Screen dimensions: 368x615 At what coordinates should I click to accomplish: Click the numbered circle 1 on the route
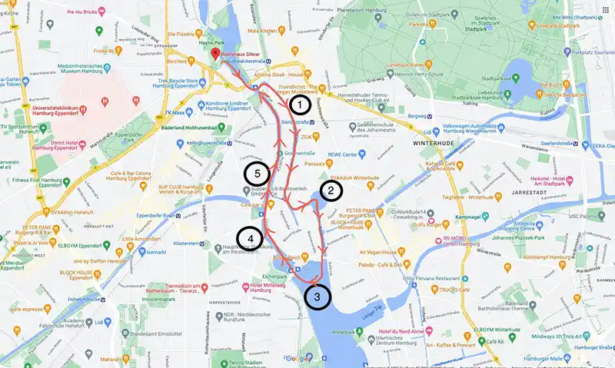pos(300,103)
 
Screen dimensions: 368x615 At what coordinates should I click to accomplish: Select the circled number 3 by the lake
pos(317,295)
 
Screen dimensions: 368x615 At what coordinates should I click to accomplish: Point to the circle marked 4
pos(249,239)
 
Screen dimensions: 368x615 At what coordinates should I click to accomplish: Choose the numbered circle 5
pos(256,172)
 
